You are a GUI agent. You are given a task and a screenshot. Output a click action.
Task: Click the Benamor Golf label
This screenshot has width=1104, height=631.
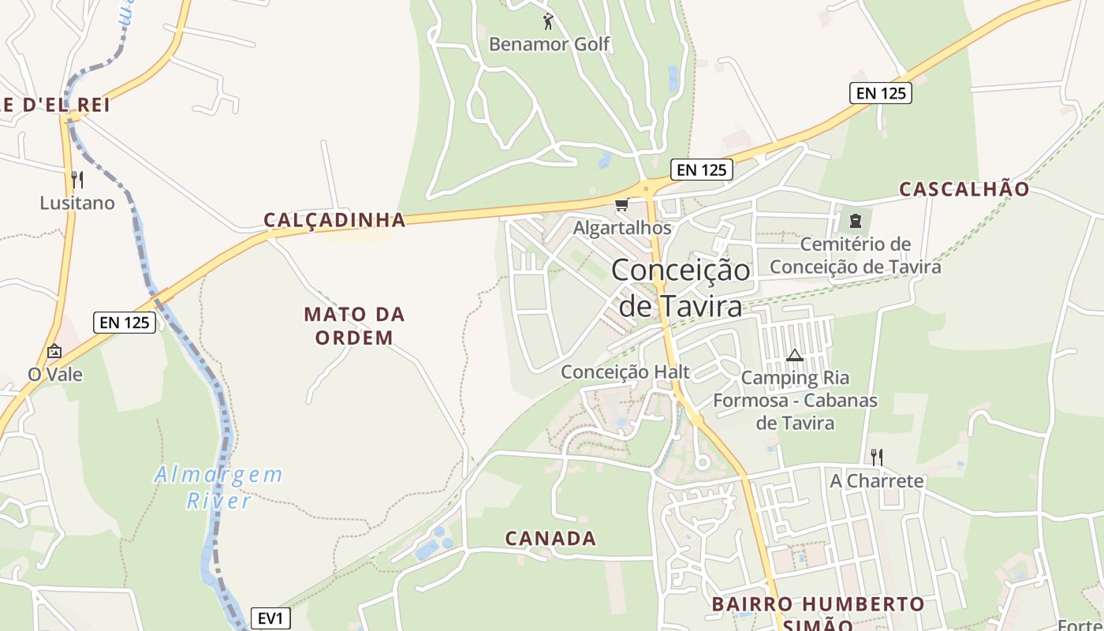click(550, 44)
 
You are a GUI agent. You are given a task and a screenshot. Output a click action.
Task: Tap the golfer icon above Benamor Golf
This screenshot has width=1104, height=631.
click(549, 21)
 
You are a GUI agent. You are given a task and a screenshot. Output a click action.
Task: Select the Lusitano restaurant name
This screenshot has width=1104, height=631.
click(77, 203)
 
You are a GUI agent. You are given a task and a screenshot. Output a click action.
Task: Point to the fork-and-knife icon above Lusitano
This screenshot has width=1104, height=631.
click(77, 180)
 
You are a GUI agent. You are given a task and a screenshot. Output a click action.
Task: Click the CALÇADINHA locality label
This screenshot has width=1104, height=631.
click(334, 220)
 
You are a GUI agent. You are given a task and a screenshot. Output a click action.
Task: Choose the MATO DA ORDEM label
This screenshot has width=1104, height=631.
click(354, 326)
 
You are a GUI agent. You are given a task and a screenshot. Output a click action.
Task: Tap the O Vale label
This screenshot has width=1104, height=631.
click(55, 374)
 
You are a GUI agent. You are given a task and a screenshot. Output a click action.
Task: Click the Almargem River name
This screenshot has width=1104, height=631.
click(218, 487)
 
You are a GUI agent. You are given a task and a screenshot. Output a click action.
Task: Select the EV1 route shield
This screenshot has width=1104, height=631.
click(270, 618)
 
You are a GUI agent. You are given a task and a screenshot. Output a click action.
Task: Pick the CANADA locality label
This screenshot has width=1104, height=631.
click(550, 539)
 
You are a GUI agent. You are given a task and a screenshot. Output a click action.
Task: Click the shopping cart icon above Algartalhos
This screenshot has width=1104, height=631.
click(621, 206)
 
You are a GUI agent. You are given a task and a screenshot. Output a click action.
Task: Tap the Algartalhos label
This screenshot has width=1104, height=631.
click(622, 228)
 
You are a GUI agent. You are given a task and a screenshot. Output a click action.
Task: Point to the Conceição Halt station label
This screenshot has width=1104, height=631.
click(625, 372)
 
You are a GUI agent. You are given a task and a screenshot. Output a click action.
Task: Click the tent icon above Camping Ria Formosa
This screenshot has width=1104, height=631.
click(794, 355)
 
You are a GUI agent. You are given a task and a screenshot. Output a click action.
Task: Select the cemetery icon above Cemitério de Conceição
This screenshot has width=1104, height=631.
click(856, 221)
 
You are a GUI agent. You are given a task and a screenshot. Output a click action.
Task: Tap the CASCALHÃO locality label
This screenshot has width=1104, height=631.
click(964, 189)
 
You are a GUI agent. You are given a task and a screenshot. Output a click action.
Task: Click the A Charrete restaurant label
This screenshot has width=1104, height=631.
click(876, 480)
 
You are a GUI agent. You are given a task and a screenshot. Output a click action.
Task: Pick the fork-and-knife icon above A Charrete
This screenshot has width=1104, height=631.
click(876, 457)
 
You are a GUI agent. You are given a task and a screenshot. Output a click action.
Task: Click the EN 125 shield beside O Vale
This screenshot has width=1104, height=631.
click(125, 322)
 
